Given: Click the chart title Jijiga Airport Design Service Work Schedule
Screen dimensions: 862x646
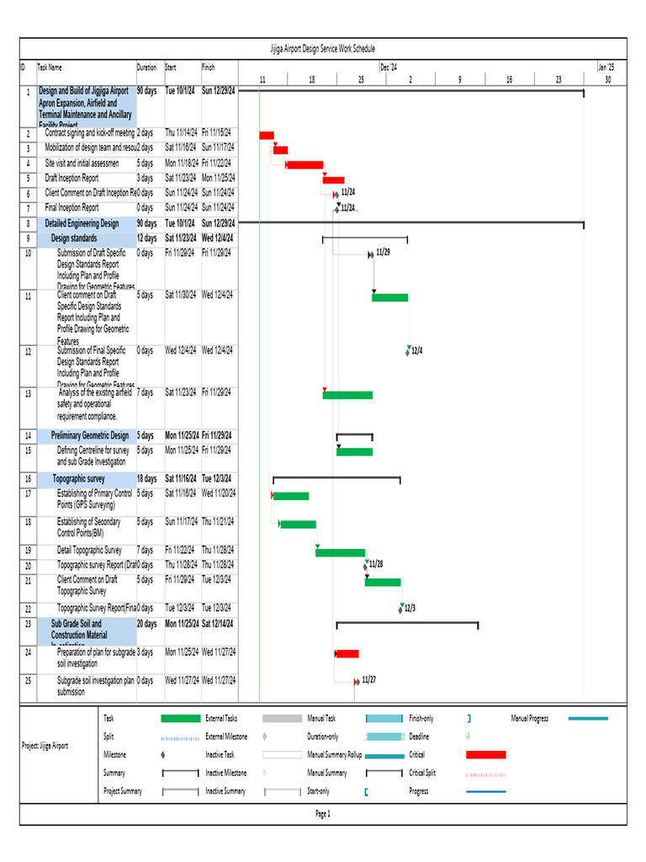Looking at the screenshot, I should click(323, 50).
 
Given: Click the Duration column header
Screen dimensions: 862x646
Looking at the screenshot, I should click(146, 67).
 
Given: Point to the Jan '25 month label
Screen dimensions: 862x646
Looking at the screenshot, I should click(606, 67).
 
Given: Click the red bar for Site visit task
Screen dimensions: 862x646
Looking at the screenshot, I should click(304, 165).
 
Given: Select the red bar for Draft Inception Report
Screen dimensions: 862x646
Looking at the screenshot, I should click(334, 180).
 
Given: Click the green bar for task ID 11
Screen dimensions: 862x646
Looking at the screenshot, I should click(390, 297).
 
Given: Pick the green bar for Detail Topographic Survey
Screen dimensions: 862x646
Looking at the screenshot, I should click(341, 553).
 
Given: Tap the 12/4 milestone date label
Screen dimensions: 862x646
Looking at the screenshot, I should click(416, 350).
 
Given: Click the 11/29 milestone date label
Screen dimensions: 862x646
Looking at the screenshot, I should click(383, 252).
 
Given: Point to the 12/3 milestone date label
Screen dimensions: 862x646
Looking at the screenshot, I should click(410, 608).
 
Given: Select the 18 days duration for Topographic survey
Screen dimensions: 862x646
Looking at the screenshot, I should click(146, 478).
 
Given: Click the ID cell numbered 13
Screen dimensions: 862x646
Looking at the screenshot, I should click(28, 393).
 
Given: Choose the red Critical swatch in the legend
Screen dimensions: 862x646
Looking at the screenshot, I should click(486, 755).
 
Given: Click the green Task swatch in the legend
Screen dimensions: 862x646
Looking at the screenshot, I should click(180, 718).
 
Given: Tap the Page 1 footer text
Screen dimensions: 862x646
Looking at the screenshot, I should click(323, 814).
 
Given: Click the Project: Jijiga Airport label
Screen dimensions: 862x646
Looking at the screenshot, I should click(45, 746).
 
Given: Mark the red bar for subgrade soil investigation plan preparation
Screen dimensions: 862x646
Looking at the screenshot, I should click(347, 654).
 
